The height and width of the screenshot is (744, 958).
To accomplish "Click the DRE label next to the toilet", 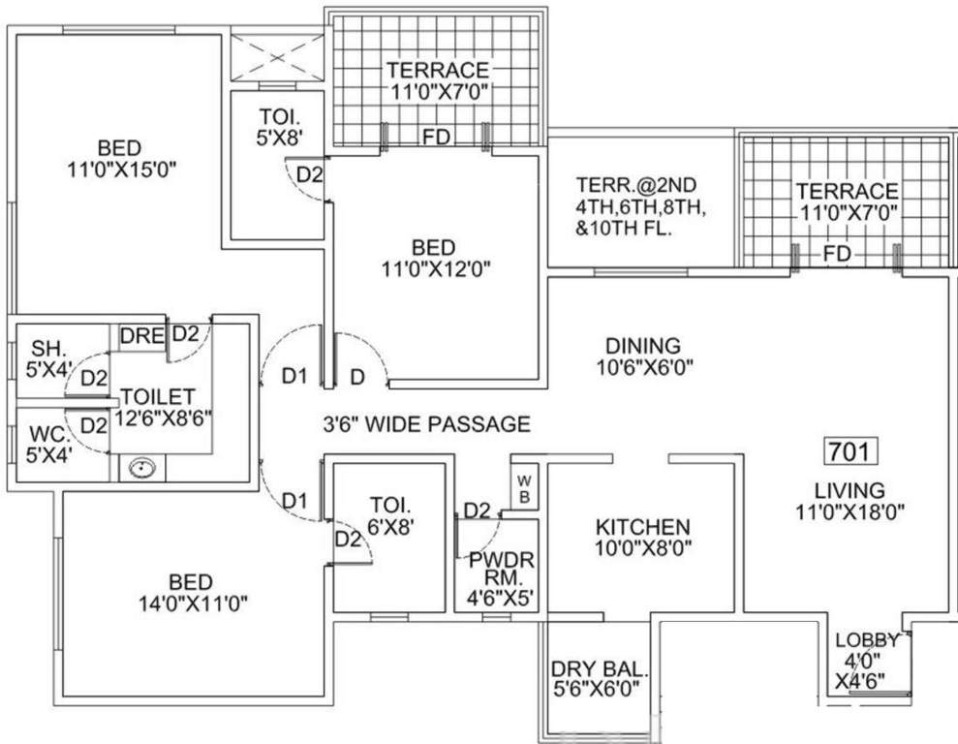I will [x=141, y=335].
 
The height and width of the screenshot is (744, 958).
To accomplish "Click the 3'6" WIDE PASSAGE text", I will [x=426, y=423].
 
